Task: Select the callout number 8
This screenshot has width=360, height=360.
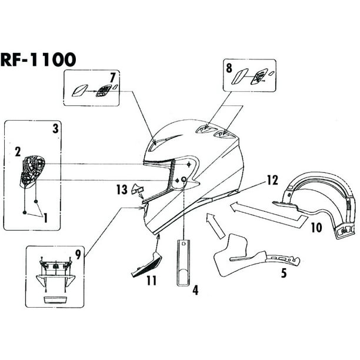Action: pos(229,68)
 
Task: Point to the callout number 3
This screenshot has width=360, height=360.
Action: pos(55,128)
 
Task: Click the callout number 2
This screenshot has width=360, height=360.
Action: pos(18,152)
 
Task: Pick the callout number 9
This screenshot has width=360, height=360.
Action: pos(77,255)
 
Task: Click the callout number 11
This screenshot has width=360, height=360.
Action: pos(151,281)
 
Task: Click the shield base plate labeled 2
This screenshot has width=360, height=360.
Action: pos(29,171)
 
